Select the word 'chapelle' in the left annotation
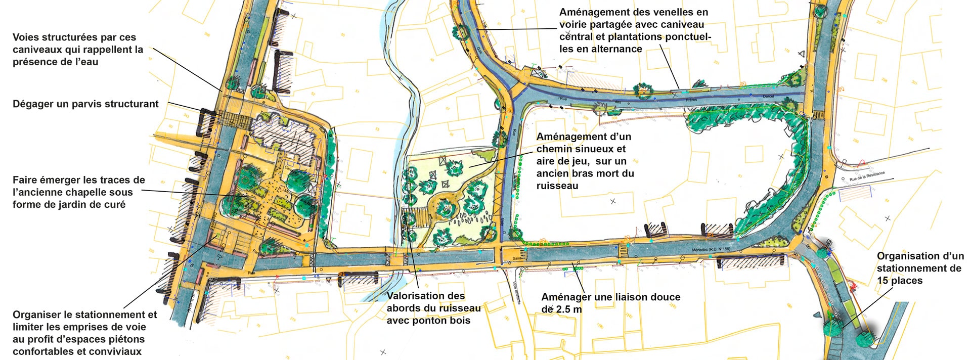[x=110, y=192]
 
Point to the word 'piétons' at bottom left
[x=126, y=339]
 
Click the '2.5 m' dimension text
[x=568, y=309]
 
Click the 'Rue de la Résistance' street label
[x=867, y=176]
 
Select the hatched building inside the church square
[x=276, y=137]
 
